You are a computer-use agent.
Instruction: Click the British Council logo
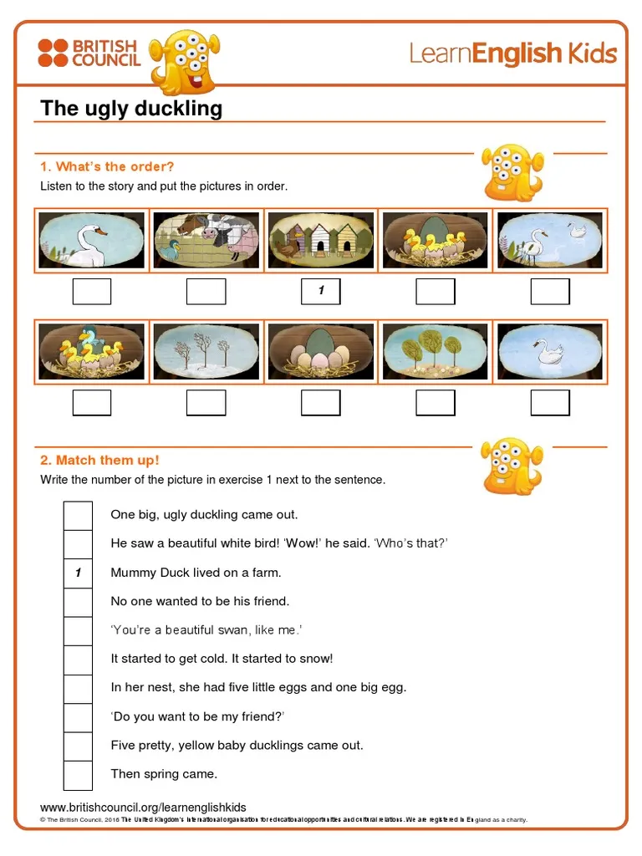(x=88, y=53)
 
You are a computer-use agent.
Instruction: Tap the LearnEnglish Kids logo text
(x=512, y=54)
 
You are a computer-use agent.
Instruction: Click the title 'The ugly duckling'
(x=131, y=109)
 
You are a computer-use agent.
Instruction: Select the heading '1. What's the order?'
(x=107, y=166)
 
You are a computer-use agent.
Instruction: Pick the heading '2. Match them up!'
(x=99, y=460)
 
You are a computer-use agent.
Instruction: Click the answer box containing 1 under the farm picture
(x=320, y=292)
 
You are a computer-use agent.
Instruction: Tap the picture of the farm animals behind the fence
(x=206, y=240)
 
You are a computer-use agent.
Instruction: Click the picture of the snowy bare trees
(x=206, y=351)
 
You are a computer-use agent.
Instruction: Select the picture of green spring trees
(x=435, y=351)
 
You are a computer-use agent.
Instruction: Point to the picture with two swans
(x=549, y=240)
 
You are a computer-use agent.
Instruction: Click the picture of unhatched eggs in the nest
(x=320, y=351)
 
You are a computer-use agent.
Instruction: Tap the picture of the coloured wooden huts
(x=320, y=240)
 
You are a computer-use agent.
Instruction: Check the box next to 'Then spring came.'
(x=78, y=775)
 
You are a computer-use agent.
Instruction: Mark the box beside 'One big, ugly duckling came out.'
(x=78, y=515)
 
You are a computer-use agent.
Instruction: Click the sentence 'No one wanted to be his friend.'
(x=200, y=601)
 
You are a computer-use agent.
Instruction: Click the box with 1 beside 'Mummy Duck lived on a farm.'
(x=78, y=573)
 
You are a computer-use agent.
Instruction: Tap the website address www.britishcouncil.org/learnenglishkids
(x=143, y=807)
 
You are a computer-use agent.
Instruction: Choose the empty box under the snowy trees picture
(x=206, y=403)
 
